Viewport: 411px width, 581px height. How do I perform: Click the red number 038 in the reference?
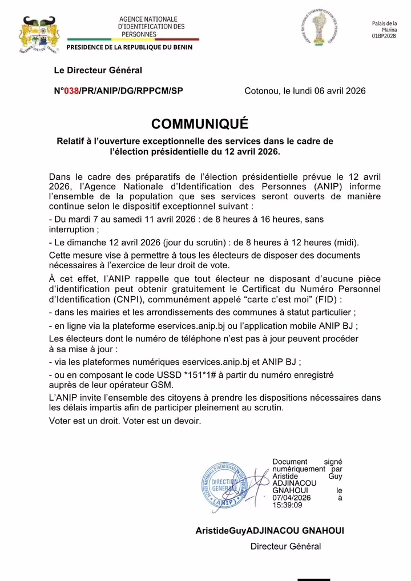[71, 91]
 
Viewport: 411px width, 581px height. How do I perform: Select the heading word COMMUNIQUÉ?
[200, 124]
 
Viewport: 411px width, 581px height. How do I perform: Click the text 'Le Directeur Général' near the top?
[98, 70]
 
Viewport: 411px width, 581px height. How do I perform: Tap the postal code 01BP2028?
[384, 36]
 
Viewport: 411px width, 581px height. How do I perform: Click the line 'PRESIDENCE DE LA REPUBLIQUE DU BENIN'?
[130, 47]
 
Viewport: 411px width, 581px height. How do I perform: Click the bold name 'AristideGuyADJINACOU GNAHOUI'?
[269, 530]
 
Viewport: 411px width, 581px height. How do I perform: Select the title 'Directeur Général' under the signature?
[285, 546]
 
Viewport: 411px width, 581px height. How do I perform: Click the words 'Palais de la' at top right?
[384, 23]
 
